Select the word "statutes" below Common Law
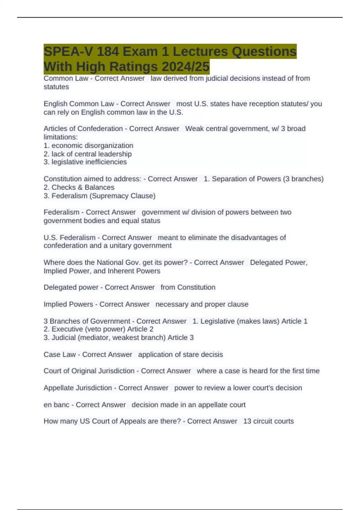coord(56,87)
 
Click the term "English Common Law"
coord(79,104)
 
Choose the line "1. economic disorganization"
coord(88,145)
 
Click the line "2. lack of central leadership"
coord(88,154)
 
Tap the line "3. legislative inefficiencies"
coord(85,162)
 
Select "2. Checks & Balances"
coord(79,187)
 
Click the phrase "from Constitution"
coord(188,287)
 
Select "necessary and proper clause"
coord(202,304)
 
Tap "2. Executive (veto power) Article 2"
coord(98,329)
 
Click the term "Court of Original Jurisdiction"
coord(89,371)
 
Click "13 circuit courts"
coord(268,421)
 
